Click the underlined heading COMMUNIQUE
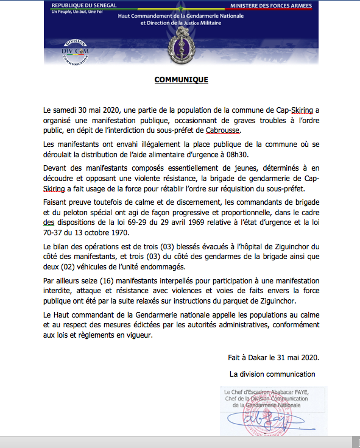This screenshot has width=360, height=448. [181, 80]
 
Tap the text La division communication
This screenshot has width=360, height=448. [272, 373]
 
